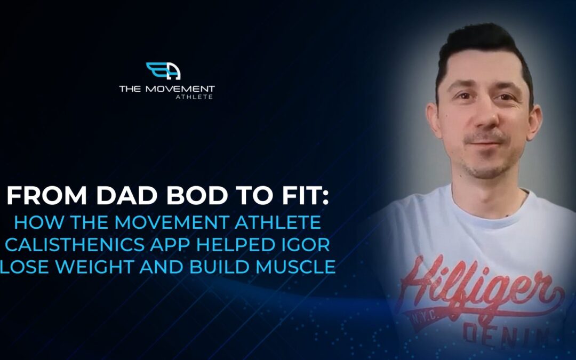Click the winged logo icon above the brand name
tap(163, 70)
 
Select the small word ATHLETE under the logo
tap(194, 97)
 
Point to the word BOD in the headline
tap(197, 195)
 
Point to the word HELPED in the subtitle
tap(238, 245)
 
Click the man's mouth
tap(484, 144)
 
